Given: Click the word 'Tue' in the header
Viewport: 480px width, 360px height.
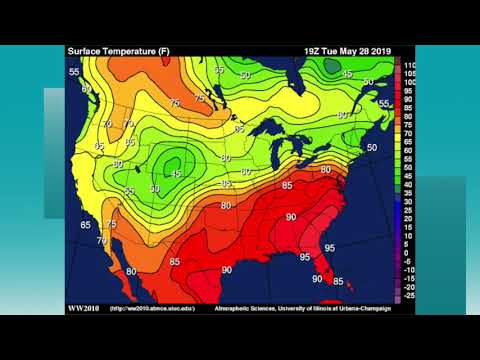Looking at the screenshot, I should point(336,50).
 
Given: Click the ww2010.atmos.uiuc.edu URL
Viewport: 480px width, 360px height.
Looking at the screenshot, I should point(150,308).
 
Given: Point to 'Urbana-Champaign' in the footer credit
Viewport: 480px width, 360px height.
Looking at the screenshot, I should point(363,308).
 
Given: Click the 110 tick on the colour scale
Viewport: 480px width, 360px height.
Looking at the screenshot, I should point(409,64).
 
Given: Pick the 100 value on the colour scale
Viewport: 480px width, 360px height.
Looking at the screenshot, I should point(409,81).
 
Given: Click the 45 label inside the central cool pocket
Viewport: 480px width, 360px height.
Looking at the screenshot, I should point(176,172).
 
